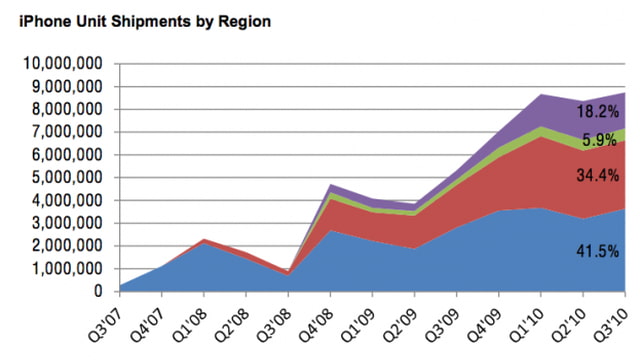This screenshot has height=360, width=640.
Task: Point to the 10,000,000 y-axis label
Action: pyautogui.click(x=62, y=63)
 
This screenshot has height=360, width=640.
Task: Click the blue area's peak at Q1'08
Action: pyautogui.click(x=203, y=244)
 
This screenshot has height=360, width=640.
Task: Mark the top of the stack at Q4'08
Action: pyautogui.click(x=330, y=184)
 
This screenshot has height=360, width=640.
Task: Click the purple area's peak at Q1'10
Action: pyautogui.click(x=541, y=94)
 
